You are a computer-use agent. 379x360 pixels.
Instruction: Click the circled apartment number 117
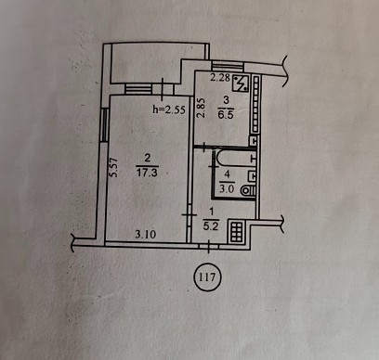[x=208, y=276]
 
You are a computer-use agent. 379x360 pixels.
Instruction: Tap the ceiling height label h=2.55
[x=169, y=109]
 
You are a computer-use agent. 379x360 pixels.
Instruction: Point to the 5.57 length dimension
[x=114, y=168]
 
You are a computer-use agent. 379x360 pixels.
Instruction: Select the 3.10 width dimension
[x=146, y=235]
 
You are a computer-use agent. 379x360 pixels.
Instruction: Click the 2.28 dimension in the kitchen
[x=220, y=77]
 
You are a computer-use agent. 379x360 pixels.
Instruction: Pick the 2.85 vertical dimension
[x=202, y=108]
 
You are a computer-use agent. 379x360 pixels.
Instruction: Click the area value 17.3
[x=147, y=173]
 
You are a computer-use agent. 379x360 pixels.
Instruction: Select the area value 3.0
[x=227, y=188]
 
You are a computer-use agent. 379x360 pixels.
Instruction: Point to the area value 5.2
[x=211, y=226]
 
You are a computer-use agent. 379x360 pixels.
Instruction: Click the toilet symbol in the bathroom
[x=249, y=190]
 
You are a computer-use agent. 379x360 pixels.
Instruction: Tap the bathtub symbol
[x=237, y=159]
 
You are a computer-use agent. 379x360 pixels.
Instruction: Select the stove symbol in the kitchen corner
[x=241, y=84]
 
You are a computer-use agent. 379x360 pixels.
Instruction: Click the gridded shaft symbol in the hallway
[x=237, y=231]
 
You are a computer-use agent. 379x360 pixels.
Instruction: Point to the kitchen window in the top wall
[x=228, y=66]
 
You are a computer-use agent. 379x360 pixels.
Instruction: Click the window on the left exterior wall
[x=105, y=124]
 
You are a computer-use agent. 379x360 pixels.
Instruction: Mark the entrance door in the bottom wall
[x=208, y=246]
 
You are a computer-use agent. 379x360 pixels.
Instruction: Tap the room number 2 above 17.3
[x=148, y=159]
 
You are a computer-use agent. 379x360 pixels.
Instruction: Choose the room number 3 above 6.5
[x=226, y=100]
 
